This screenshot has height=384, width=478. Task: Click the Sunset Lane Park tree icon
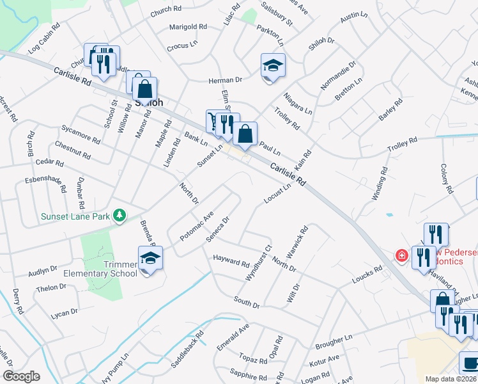click(x=119, y=216)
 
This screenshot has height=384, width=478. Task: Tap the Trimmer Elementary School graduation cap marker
click(x=150, y=259)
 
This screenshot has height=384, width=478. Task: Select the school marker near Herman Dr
click(x=273, y=66)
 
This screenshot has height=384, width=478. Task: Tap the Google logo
click(x=21, y=376)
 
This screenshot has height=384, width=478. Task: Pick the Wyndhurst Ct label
click(x=259, y=263)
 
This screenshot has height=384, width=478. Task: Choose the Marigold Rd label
click(x=188, y=27)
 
